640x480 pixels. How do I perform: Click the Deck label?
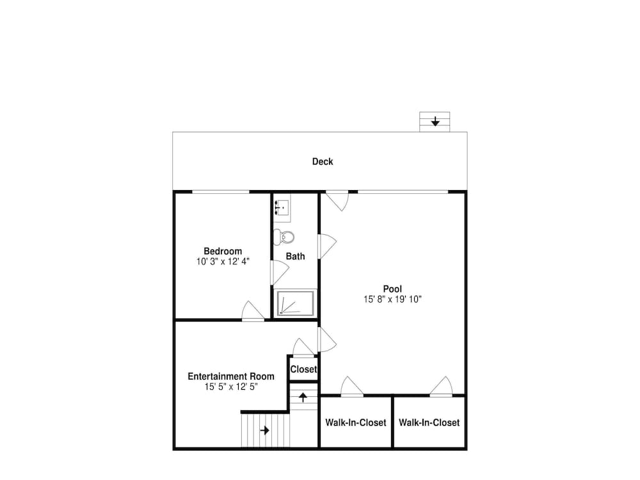coord(323,162)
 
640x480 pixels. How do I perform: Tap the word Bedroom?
coord(223,252)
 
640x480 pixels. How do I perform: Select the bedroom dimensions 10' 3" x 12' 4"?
coord(223,262)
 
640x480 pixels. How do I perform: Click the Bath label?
coord(295,257)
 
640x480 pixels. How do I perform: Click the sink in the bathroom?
coord(282,208)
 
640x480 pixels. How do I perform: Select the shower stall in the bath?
coord(296,303)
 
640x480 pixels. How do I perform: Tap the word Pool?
coord(392,289)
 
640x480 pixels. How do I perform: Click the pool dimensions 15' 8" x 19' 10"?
coord(392,299)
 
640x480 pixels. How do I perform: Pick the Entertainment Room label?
coord(231,376)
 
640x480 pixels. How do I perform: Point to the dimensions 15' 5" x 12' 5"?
coord(231,387)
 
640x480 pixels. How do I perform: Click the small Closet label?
coord(303,369)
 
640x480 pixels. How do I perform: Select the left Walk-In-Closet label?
coord(355,422)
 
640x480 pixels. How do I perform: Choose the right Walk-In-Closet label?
coord(429,422)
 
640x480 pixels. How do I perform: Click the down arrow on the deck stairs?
coord(435,121)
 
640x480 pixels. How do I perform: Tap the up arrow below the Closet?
coord(303,397)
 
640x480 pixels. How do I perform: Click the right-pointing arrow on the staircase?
coord(265,430)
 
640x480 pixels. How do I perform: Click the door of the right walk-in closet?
coord(441,386)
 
